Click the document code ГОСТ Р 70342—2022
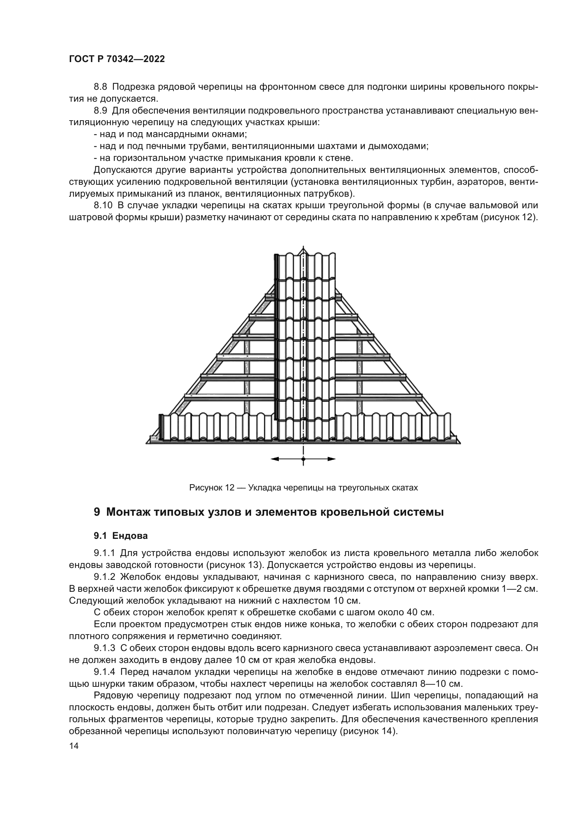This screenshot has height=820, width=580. (117, 59)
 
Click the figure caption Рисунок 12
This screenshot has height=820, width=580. (211, 488)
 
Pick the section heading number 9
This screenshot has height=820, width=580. (97, 512)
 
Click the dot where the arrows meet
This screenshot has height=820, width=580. (303, 459)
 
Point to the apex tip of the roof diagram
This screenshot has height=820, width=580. (303, 247)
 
